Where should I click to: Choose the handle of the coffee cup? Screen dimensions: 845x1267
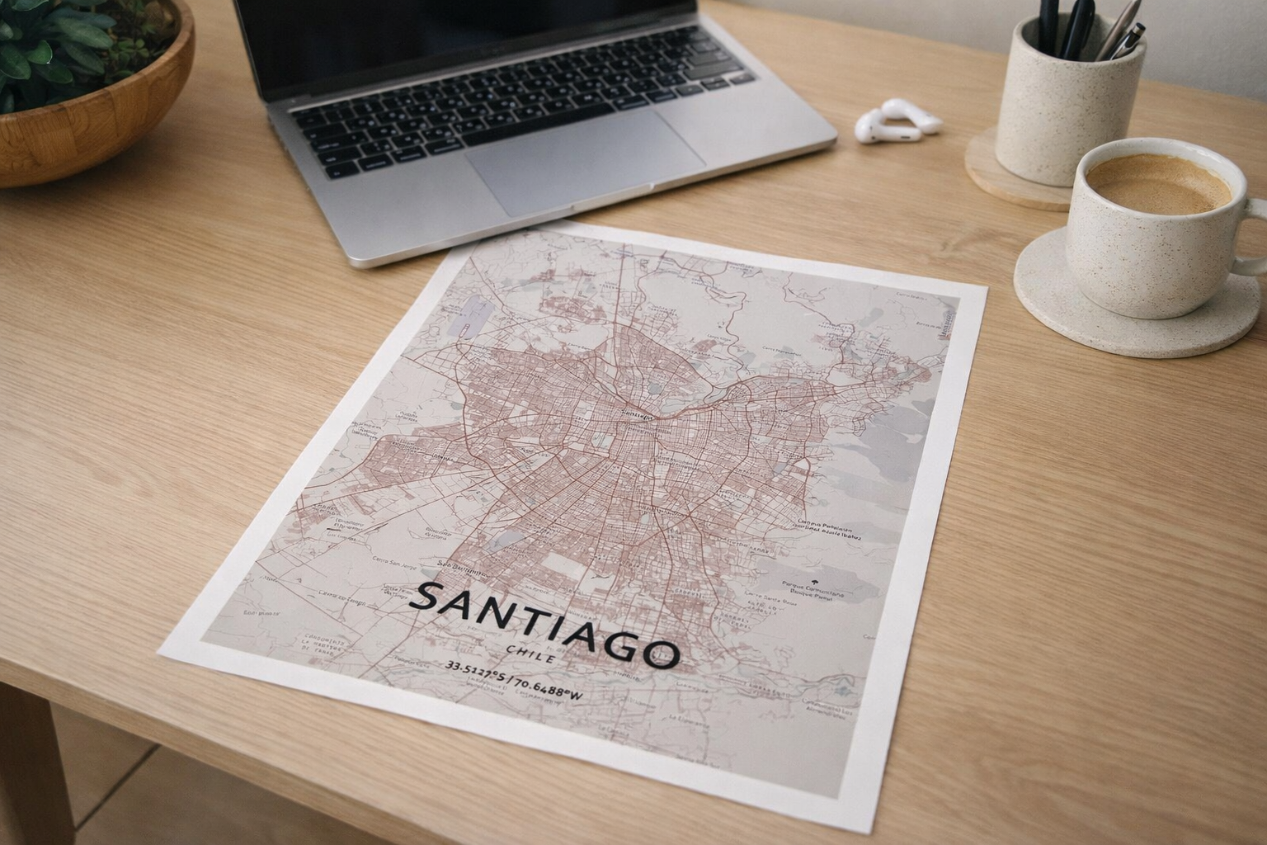(1254, 239)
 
